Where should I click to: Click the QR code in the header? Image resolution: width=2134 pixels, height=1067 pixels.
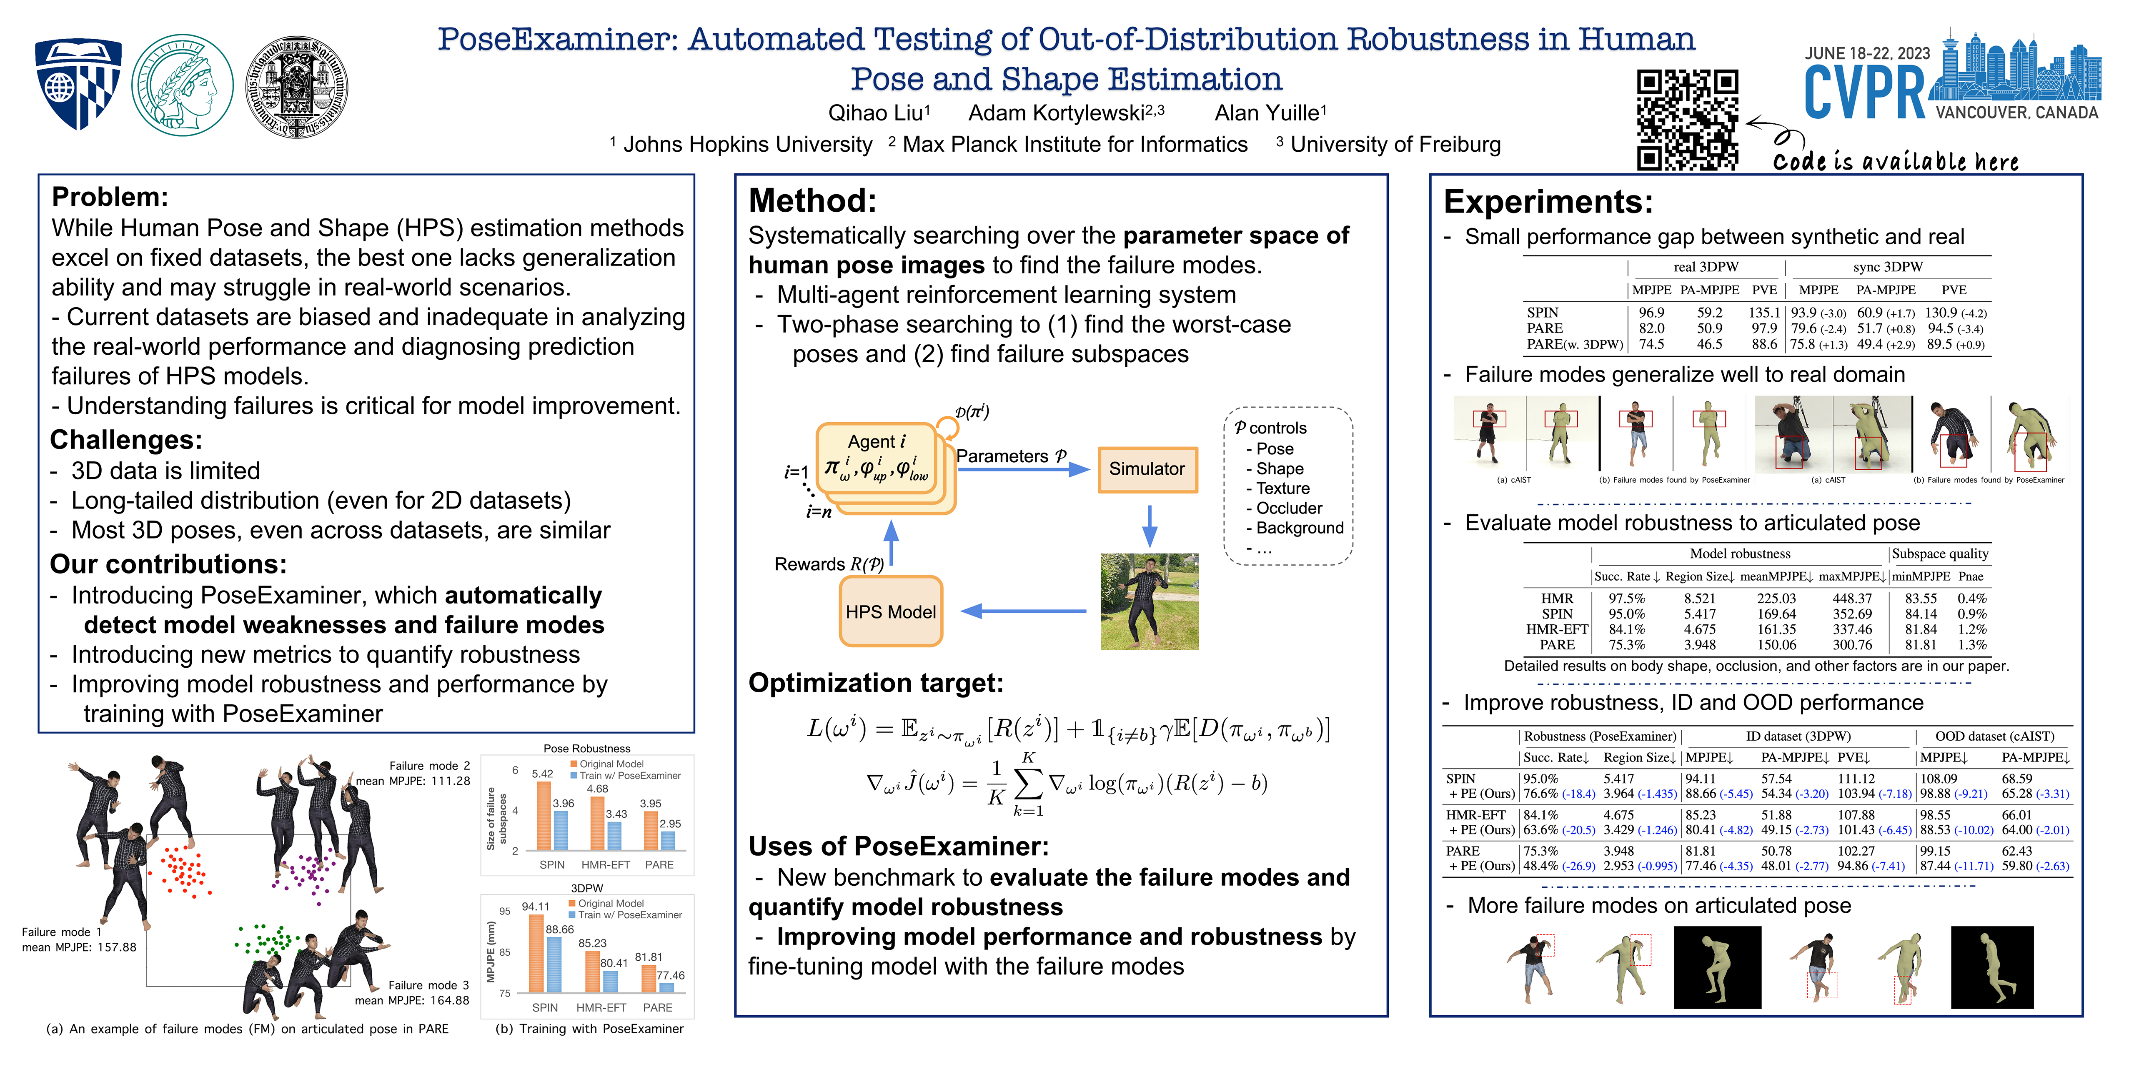tap(1687, 120)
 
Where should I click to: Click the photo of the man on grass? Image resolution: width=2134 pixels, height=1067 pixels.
tap(1149, 601)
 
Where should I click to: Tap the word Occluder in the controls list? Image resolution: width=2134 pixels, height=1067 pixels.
tap(1289, 508)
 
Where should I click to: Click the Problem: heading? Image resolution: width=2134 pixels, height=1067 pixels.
tap(109, 197)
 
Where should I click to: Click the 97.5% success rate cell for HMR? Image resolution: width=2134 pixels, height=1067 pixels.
tap(1626, 598)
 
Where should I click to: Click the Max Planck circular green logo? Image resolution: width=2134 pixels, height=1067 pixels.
tap(182, 85)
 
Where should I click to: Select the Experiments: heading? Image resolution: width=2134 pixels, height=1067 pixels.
tap(1548, 201)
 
